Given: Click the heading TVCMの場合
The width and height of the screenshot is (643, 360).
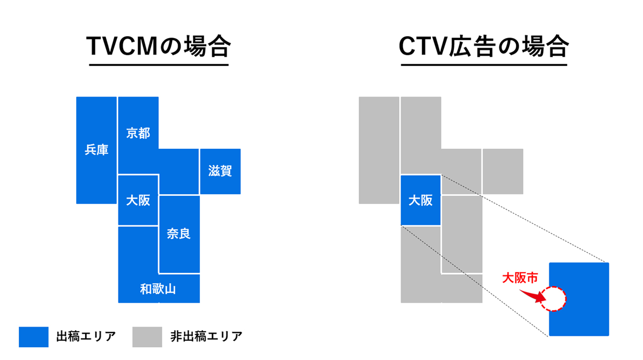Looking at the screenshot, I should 158,47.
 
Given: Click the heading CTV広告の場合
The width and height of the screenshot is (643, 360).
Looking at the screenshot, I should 483,47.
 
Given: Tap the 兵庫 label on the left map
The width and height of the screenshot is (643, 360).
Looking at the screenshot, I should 96,150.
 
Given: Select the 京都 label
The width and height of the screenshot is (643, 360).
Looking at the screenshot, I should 138,133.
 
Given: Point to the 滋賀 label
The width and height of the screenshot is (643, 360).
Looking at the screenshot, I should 220,172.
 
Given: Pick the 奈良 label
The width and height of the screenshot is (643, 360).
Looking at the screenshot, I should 179,233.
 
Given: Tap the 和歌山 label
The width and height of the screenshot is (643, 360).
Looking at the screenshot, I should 158,289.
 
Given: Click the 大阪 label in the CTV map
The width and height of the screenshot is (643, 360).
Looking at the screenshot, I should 420,200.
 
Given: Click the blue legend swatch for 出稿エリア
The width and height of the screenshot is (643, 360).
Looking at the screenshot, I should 34,337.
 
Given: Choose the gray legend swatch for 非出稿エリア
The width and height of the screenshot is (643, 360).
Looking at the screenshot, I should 147,337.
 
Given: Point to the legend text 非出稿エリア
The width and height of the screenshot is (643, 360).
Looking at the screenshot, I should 206,337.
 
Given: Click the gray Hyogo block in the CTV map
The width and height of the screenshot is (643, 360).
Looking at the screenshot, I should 379,150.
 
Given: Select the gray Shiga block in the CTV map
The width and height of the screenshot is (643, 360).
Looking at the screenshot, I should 503,171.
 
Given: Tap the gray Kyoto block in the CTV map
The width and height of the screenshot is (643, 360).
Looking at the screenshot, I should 420,134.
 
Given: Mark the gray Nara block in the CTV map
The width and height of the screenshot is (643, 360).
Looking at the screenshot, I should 461,233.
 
